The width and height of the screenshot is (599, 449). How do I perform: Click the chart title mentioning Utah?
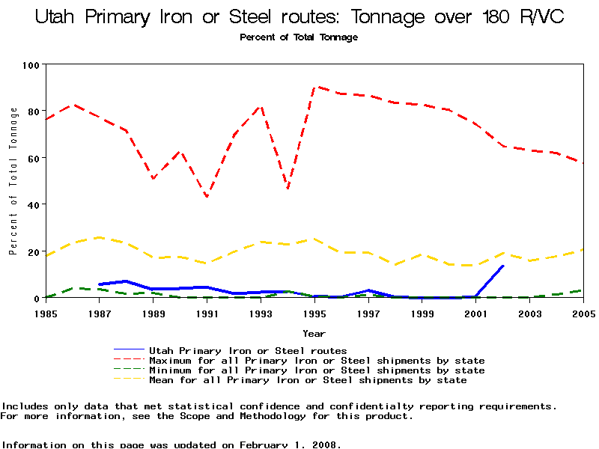(299, 16)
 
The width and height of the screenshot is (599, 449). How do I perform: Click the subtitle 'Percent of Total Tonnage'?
(299, 37)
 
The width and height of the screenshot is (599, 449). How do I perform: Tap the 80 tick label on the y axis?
(32, 112)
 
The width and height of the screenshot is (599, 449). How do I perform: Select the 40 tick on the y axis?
(32, 204)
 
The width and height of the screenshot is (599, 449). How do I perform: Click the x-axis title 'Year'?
(314, 333)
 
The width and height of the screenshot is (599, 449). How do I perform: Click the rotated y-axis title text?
(13, 181)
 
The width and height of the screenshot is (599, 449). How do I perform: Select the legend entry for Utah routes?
(248, 350)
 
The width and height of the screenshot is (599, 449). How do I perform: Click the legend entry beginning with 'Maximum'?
(317, 361)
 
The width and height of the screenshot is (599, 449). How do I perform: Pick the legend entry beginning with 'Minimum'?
(317, 370)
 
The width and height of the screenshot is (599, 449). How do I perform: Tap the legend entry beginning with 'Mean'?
(308, 380)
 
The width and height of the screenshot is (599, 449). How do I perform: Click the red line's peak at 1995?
(315, 87)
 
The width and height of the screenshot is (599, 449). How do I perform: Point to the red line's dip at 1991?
(207, 197)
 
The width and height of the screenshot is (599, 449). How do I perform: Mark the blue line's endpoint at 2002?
(503, 266)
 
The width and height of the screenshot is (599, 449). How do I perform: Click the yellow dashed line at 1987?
(99, 237)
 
